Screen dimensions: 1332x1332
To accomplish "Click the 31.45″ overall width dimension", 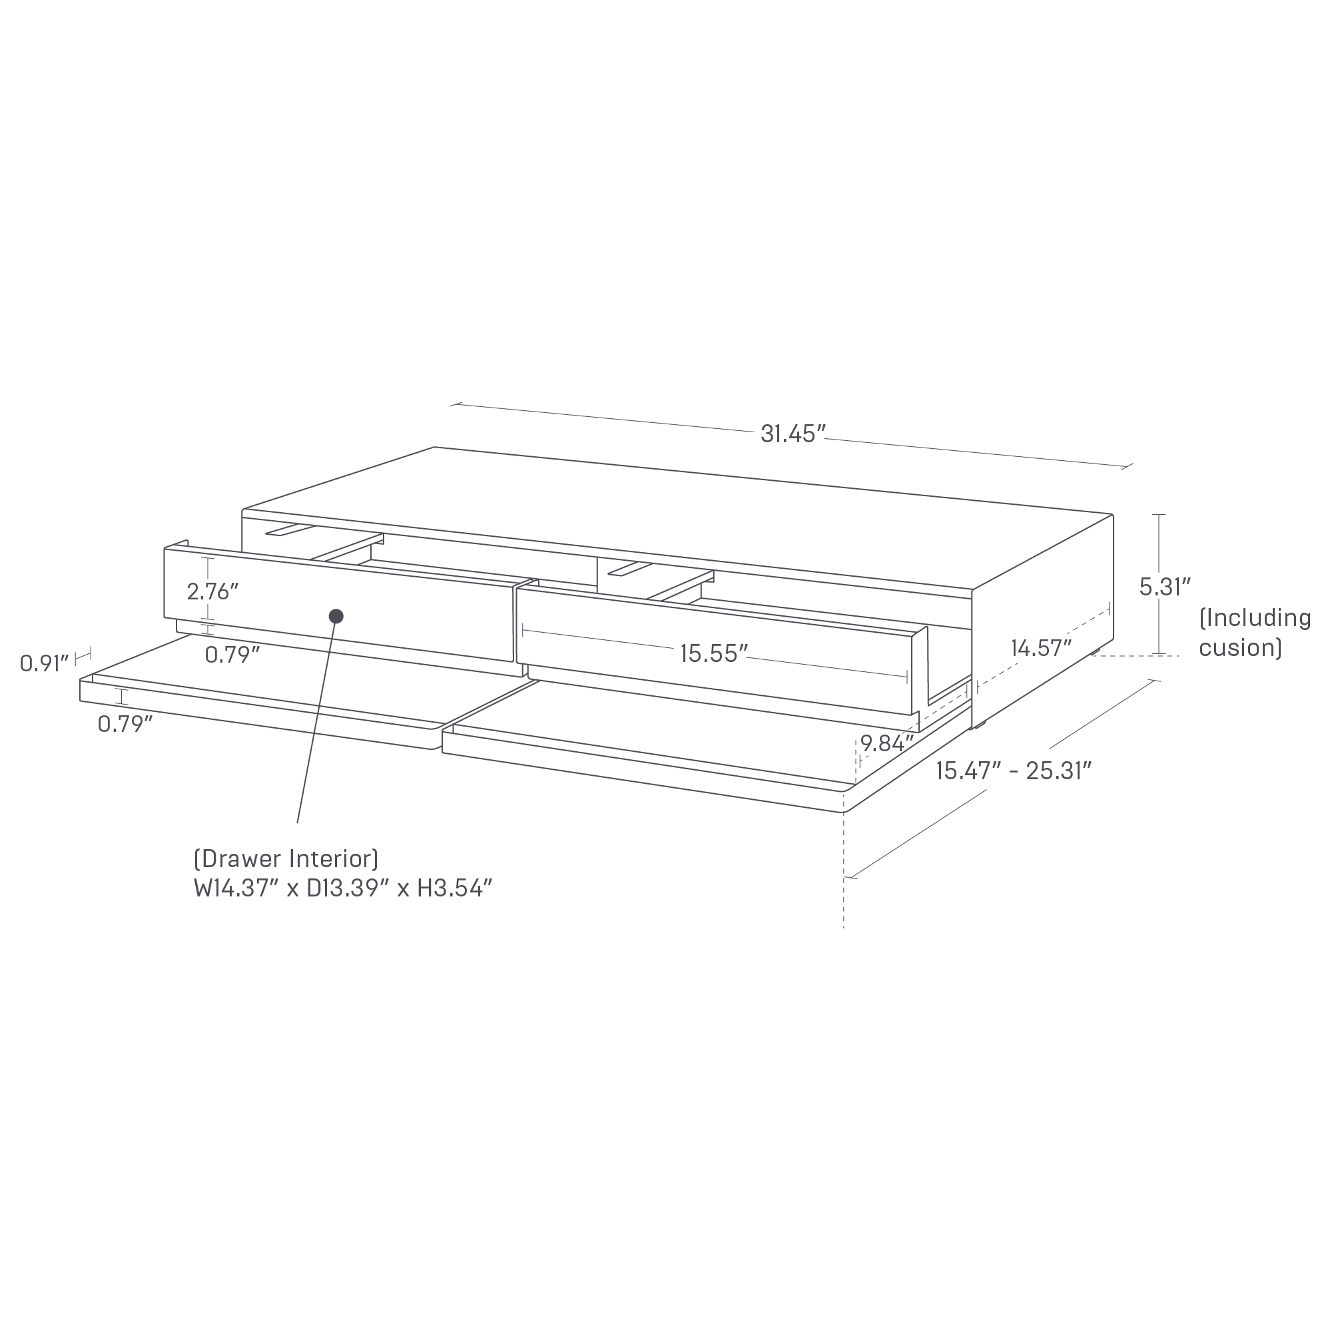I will point(793,434).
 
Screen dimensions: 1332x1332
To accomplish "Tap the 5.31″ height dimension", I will point(1165,587).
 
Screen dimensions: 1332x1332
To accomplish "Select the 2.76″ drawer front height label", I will point(212,591).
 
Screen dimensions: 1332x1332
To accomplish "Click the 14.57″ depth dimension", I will point(1041,648).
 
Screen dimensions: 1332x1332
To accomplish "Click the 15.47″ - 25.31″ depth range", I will point(1014,771).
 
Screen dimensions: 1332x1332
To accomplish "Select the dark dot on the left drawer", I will point(336,616).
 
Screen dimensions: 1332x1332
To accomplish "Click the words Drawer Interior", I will point(286,859).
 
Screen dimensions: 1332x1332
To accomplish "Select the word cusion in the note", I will point(1239,648).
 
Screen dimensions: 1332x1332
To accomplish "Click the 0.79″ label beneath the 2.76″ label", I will point(232,654).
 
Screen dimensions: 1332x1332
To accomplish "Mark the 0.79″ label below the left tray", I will point(125,724).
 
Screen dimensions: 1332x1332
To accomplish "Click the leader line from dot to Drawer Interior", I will point(316,724).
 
